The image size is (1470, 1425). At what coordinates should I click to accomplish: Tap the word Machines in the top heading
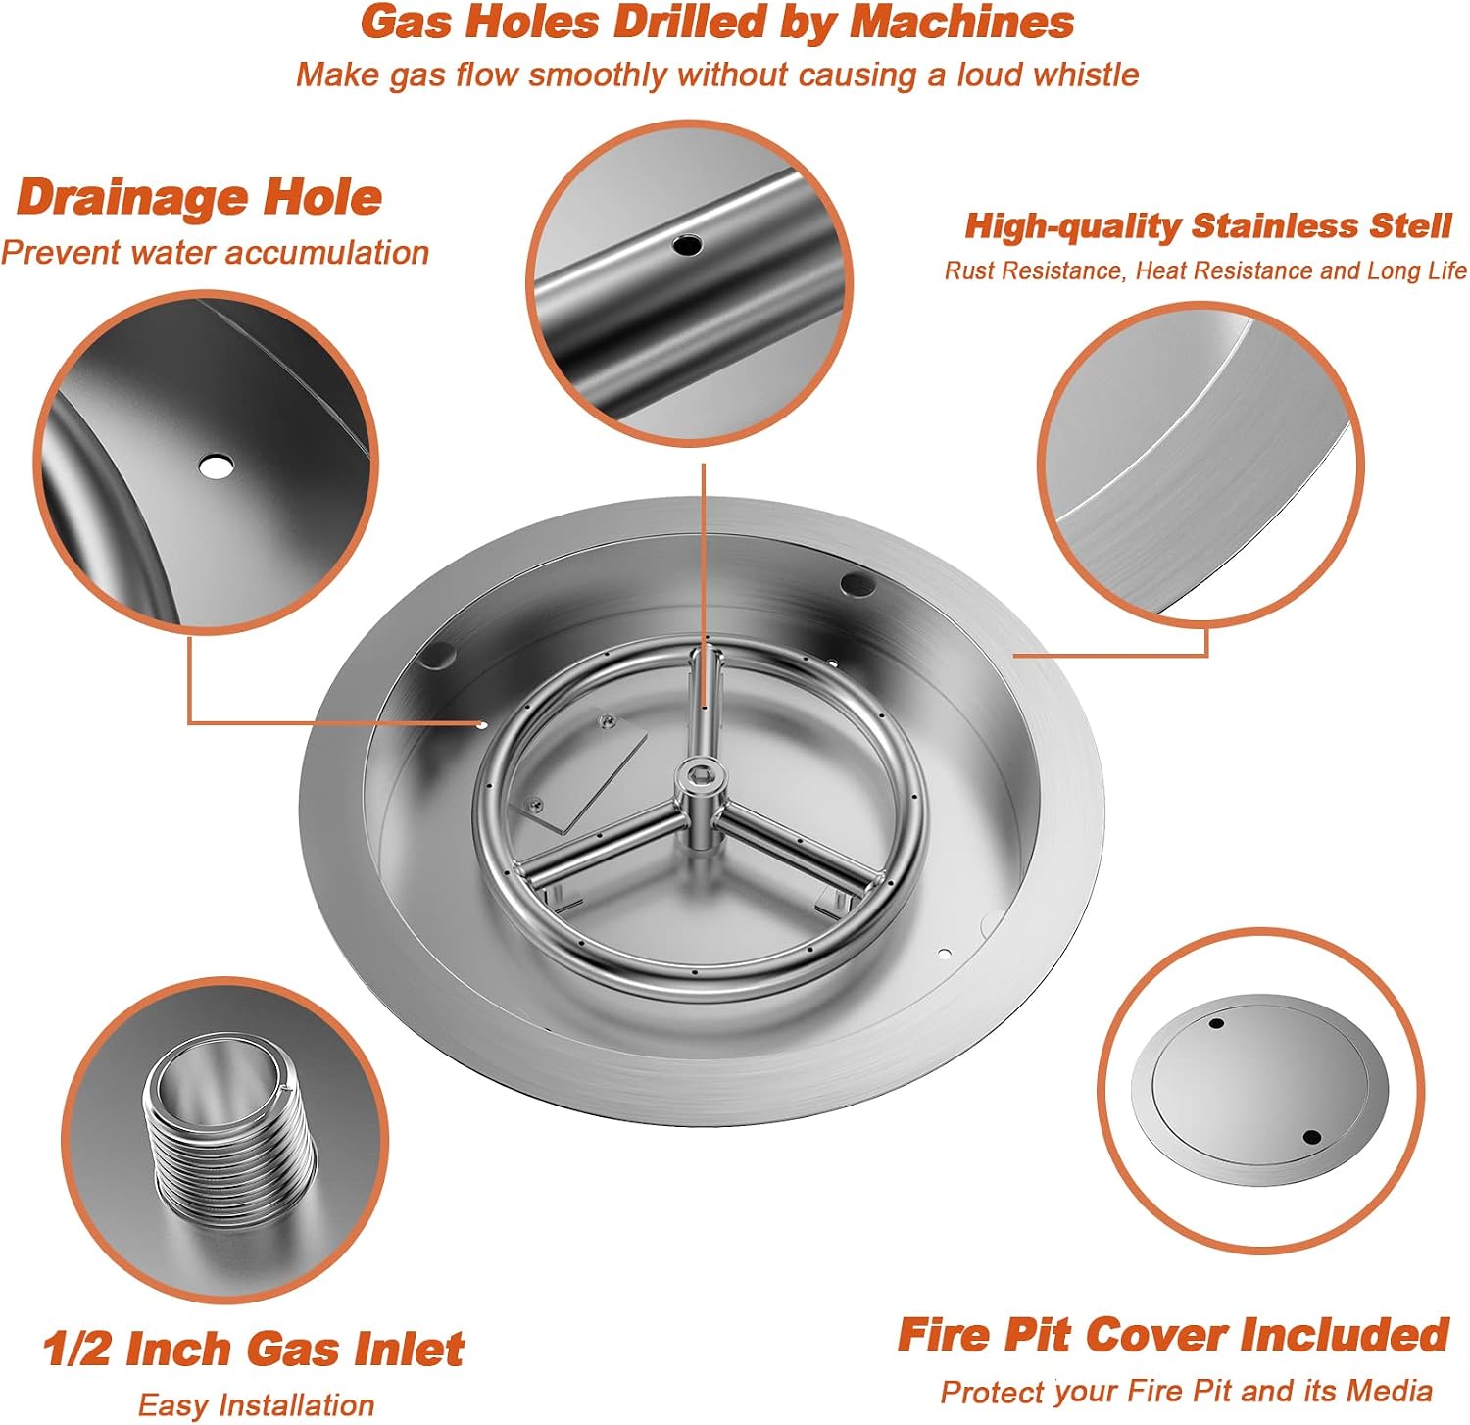(961, 23)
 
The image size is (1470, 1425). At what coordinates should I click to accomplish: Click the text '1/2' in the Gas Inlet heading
(78, 1349)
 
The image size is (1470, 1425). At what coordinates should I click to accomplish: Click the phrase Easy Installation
(256, 1405)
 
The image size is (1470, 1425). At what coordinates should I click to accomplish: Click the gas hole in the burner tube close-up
(687, 245)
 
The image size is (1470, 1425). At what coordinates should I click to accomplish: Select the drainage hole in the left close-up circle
(216, 467)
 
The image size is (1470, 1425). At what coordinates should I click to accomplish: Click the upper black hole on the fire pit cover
(1216, 1023)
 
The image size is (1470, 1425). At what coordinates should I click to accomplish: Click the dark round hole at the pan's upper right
(857, 584)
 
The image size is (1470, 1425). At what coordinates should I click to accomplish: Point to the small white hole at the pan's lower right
(944, 953)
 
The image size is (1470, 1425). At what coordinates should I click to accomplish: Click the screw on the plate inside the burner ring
(608, 721)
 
